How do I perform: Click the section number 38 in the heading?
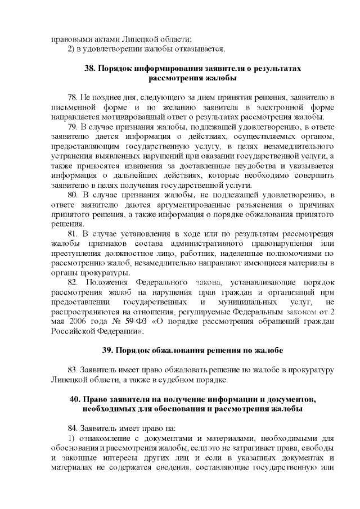pos(89,69)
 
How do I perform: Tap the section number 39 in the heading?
pos(107,350)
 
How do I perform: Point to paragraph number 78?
pos(73,98)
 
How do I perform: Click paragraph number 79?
pos(73,127)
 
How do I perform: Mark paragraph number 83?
pos(73,370)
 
